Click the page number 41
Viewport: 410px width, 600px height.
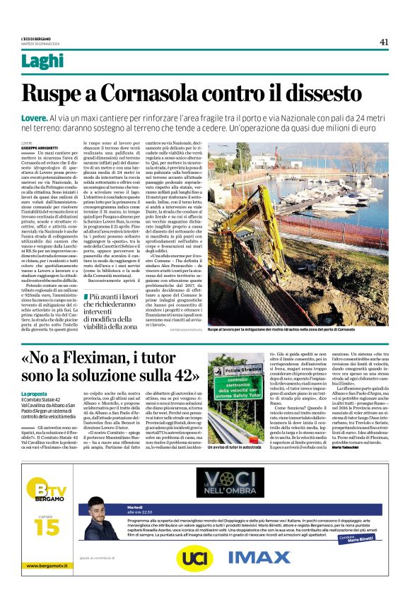coord(384,42)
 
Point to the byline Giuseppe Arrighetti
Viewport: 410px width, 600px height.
coord(40,146)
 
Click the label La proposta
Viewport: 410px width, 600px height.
coord(35,393)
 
